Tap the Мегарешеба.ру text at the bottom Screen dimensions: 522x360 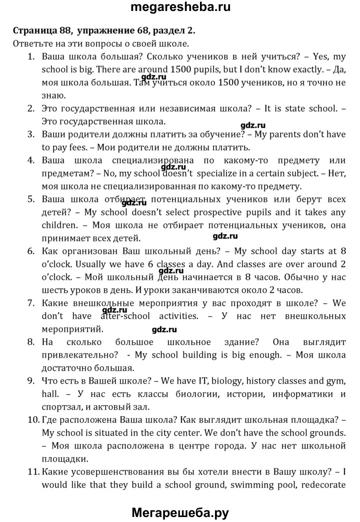click(x=180, y=512)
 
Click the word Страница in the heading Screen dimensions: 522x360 click(x=35, y=30)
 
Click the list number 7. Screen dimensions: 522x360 click(x=30, y=303)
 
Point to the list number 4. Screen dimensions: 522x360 click(x=30, y=160)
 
